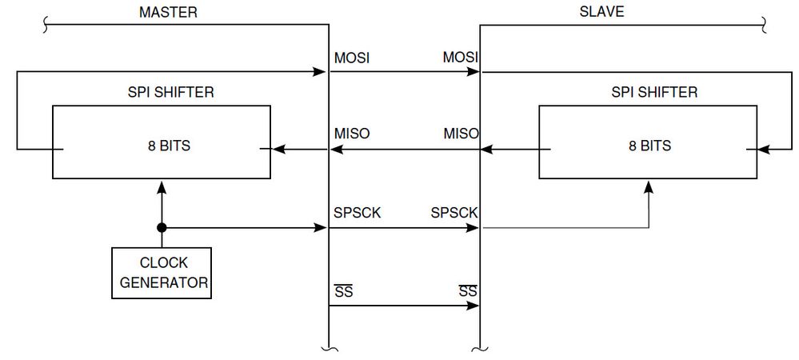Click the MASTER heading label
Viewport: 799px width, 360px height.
point(168,12)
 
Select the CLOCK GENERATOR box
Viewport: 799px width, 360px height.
point(162,273)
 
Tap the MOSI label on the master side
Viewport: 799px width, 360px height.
point(352,58)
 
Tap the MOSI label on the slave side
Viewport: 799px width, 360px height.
point(460,58)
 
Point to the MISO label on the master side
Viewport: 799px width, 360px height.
point(352,134)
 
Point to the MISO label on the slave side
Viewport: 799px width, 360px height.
point(461,134)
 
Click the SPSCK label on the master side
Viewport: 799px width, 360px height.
point(358,214)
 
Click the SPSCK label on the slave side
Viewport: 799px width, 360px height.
point(454,214)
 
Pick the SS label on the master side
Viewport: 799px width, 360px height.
point(343,291)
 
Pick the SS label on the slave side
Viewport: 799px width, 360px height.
point(468,291)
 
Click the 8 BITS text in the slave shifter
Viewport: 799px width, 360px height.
point(649,146)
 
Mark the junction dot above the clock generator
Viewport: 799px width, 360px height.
point(162,228)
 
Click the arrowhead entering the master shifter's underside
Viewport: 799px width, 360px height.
point(162,186)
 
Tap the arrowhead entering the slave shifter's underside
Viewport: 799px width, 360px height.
point(648,186)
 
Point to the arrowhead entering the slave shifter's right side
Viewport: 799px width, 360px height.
point(762,149)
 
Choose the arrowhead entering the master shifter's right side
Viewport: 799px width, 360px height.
point(278,149)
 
